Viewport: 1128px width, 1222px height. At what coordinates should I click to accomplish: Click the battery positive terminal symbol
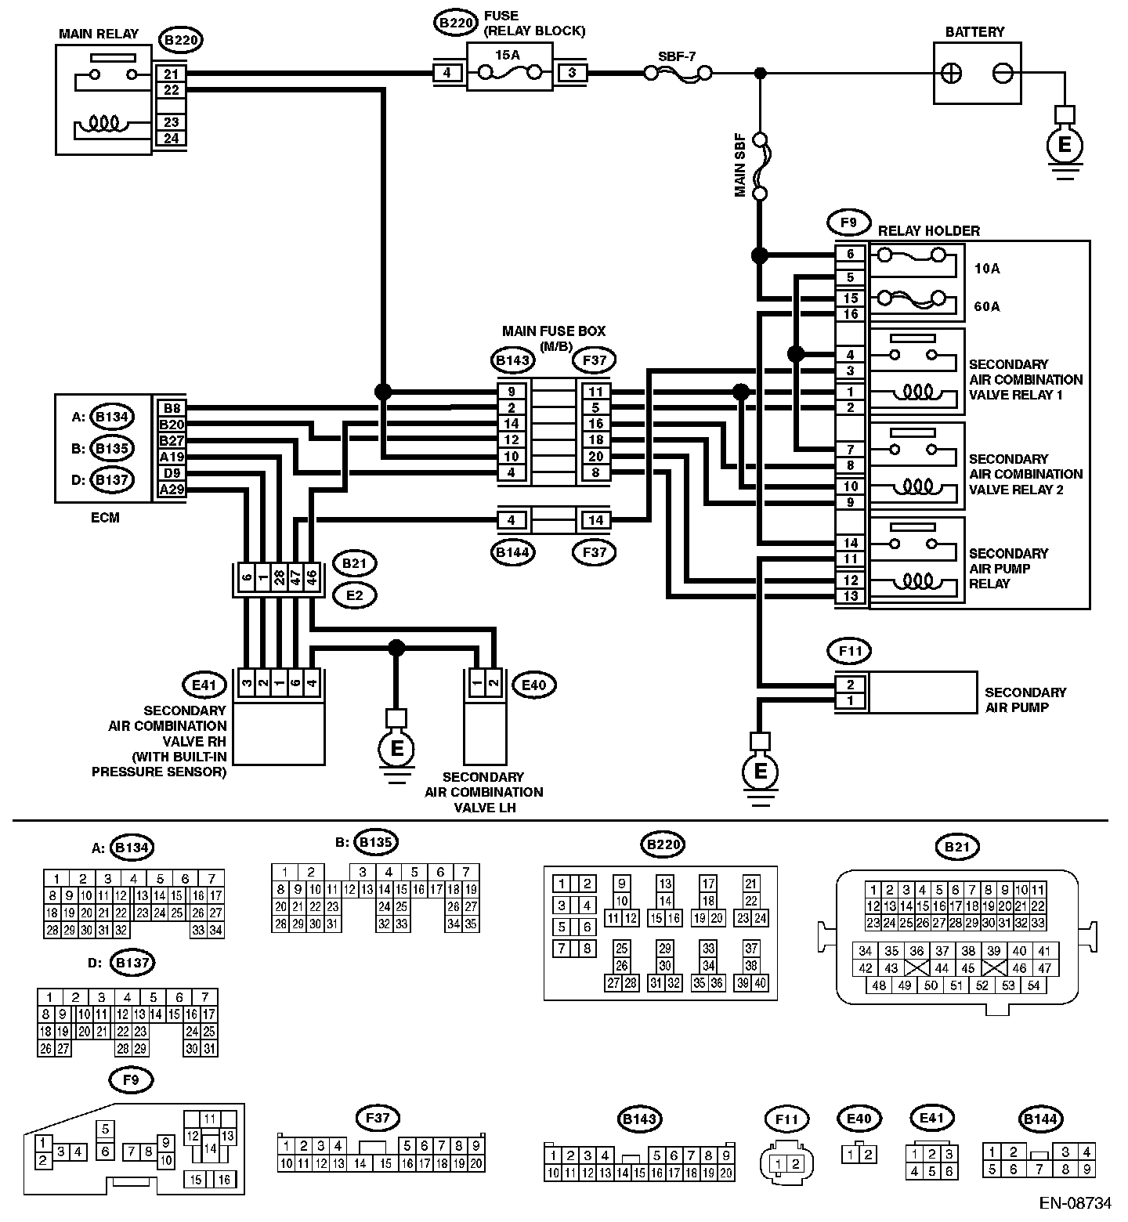coord(952,74)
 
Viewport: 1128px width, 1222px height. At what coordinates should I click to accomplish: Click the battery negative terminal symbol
coord(1002,74)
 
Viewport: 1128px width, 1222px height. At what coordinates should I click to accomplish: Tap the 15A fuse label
coord(508,54)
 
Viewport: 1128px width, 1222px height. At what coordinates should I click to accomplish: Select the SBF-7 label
coord(677,56)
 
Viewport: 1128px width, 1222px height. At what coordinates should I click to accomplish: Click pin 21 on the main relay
coord(171,74)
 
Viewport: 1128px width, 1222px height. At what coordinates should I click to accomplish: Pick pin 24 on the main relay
coord(171,139)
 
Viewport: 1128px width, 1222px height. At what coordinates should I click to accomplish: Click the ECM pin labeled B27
coord(171,441)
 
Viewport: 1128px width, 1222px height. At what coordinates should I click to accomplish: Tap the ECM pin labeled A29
coord(171,490)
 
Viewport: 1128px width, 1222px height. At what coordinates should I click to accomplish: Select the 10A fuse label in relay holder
coord(987,269)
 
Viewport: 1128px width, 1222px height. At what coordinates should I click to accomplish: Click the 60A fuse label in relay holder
coord(987,306)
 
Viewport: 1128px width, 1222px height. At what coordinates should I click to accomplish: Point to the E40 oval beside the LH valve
coord(533,685)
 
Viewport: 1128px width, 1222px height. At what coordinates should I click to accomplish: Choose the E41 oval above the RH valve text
coord(204,685)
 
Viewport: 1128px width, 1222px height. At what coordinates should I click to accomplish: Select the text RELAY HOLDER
coord(929,231)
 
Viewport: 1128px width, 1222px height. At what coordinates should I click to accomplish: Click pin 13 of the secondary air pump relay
coord(851,596)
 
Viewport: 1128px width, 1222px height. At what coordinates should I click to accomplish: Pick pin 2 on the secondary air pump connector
coord(851,685)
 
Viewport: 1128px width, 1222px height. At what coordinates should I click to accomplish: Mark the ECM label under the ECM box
coord(104,517)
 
